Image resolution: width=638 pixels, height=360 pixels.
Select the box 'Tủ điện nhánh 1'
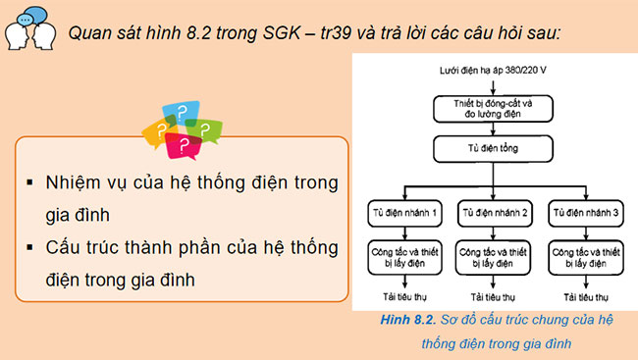pos(403,212)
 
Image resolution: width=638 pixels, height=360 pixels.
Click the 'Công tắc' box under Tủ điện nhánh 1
pos(403,257)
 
